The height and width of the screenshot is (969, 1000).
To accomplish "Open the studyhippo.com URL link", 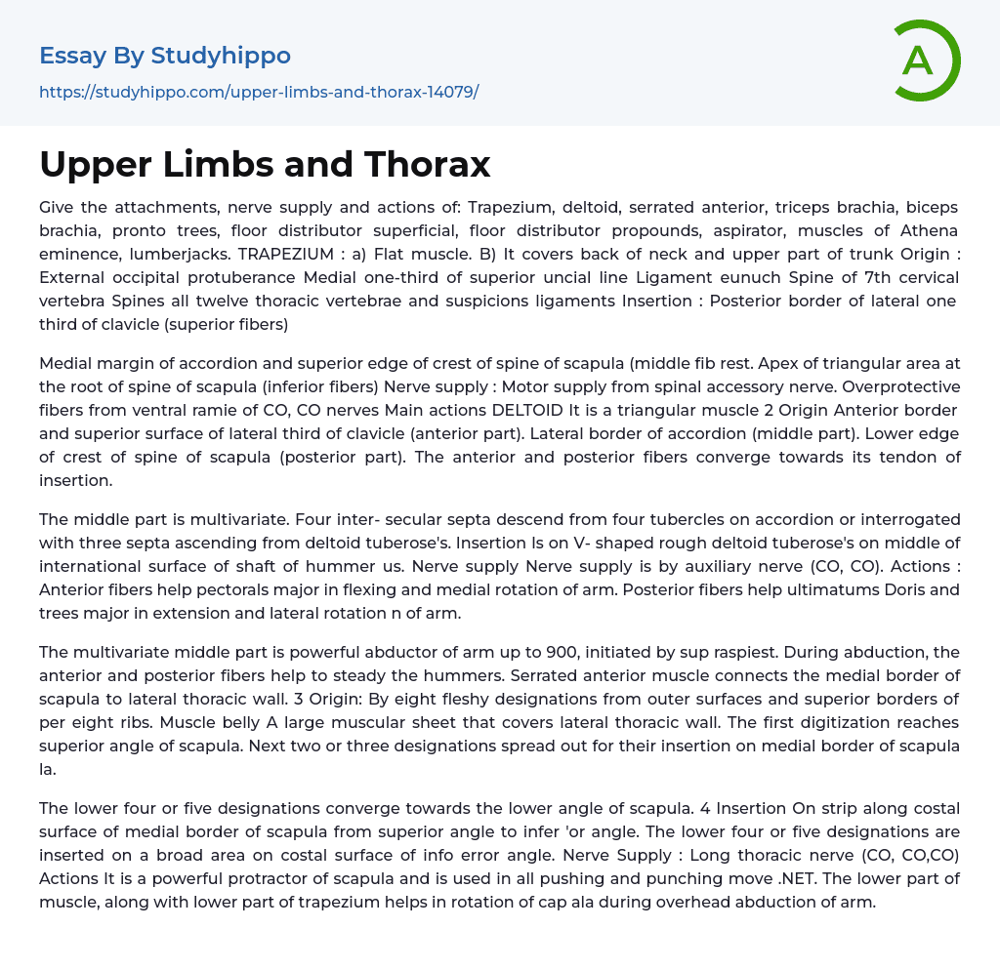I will tap(259, 92).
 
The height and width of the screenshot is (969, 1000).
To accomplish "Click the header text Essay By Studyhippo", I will tap(165, 56).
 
